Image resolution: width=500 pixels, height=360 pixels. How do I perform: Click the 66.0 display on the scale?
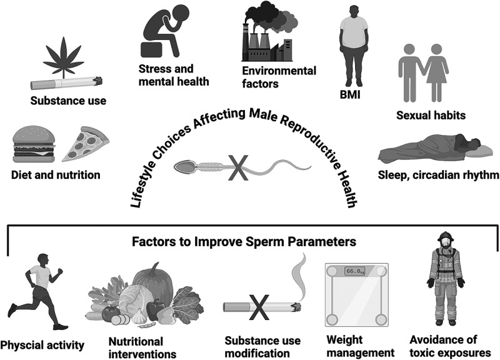[x=356, y=271]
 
